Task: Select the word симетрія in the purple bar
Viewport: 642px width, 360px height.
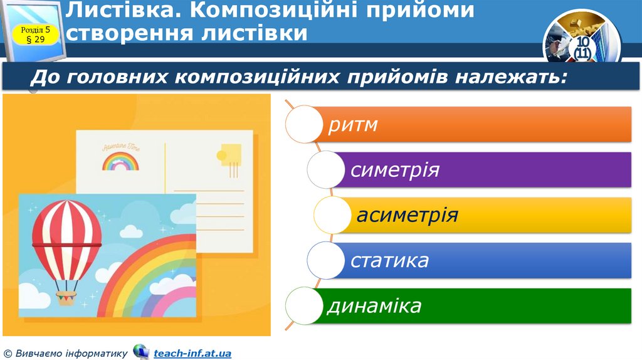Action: pyautogui.click(x=395, y=170)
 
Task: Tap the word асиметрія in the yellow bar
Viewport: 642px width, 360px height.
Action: pyautogui.click(x=408, y=215)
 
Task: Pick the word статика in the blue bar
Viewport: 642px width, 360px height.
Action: pyautogui.click(x=389, y=260)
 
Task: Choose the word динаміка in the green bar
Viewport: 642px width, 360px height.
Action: pyautogui.click(x=374, y=306)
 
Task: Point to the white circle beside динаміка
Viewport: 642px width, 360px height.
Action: pyautogui.click(x=305, y=306)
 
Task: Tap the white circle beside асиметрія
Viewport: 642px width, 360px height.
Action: pyautogui.click(x=332, y=215)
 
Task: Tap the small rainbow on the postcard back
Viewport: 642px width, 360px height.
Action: pyautogui.click(x=120, y=164)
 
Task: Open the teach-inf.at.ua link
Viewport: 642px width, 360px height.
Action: pyautogui.click(x=192, y=353)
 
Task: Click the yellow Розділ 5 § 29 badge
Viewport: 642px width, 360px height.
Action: pyautogui.click(x=39, y=34)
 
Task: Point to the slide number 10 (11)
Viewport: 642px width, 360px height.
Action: pyautogui.click(x=582, y=48)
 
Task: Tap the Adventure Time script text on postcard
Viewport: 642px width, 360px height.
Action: pyautogui.click(x=121, y=148)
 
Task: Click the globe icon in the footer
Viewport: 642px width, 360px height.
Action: pyautogui.click(x=141, y=352)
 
